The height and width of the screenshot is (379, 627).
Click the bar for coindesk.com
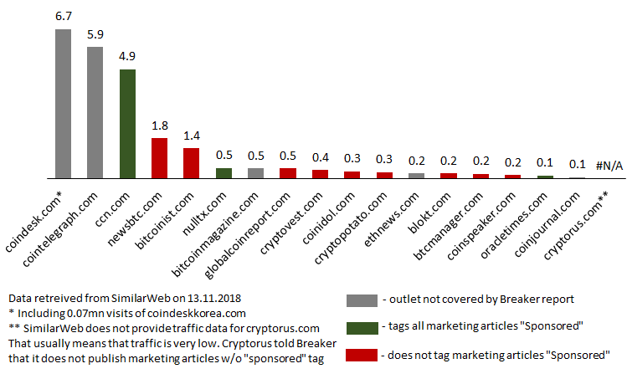point(63,104)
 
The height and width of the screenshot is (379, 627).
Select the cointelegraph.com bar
point(95,112)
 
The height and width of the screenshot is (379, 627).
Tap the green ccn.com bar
point(127,124)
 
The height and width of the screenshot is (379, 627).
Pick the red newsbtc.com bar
point(159,158)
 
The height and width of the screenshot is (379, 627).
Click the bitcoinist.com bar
point(191,163)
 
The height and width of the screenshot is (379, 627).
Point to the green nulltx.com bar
point(224,173)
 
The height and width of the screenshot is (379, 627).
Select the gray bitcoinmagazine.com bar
point(255,173)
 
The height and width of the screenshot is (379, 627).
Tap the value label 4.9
point(127,58)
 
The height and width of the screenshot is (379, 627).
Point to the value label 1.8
point(159,125)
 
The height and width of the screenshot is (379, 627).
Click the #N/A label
point(609,166)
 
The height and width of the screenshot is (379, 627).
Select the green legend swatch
point(361,328)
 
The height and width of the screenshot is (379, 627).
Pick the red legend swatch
point(361,355)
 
